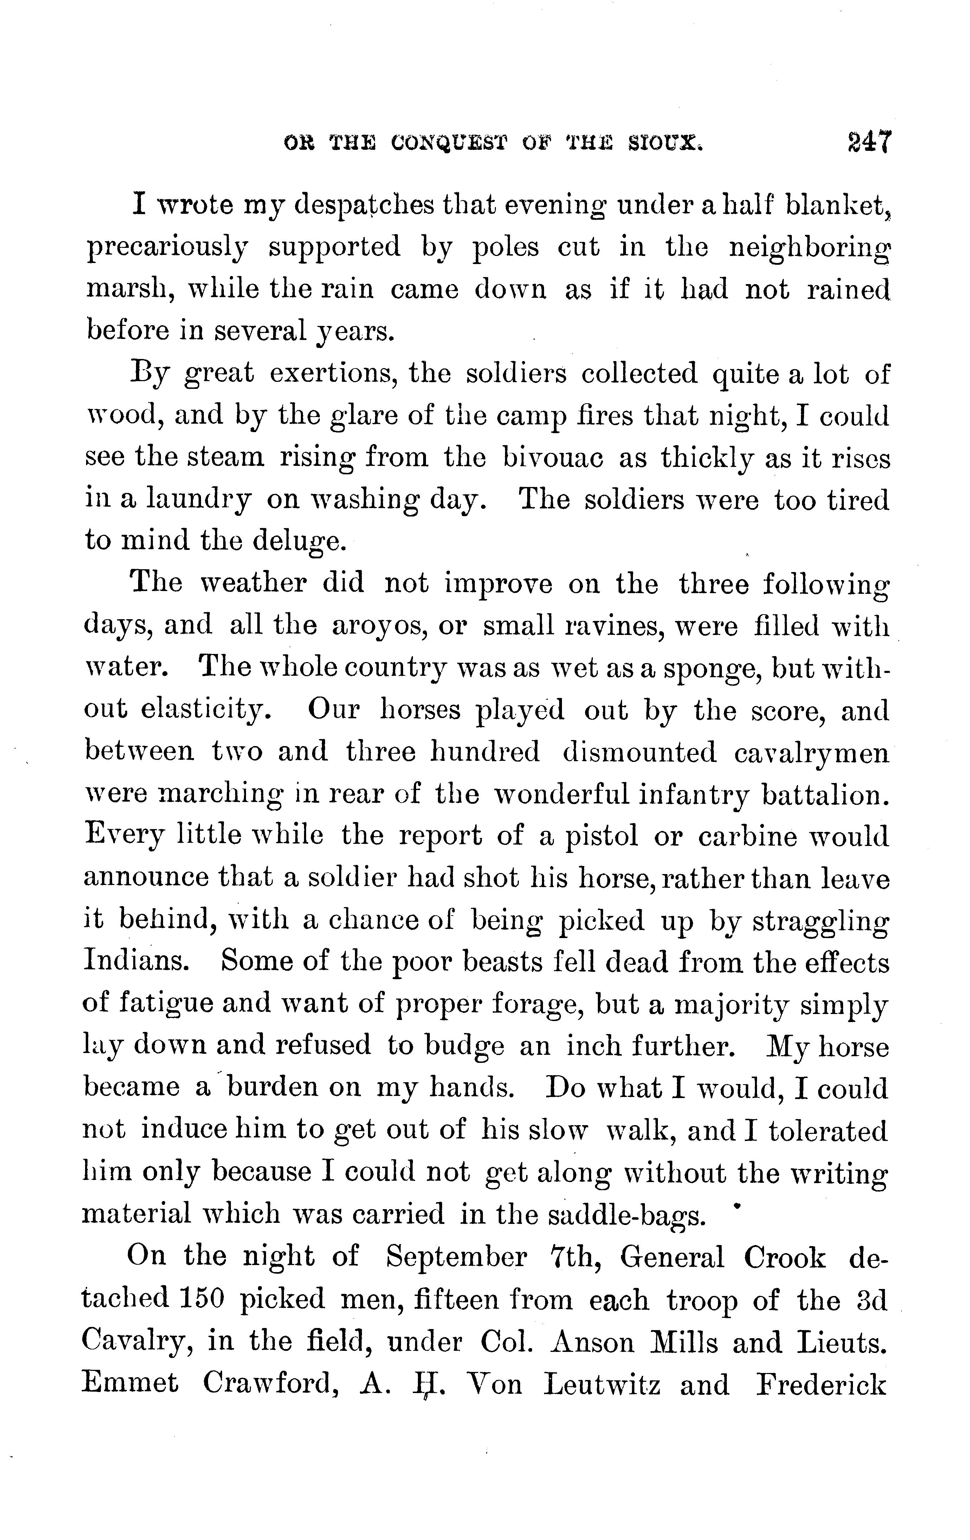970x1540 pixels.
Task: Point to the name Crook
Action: [x=785, y=1257]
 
